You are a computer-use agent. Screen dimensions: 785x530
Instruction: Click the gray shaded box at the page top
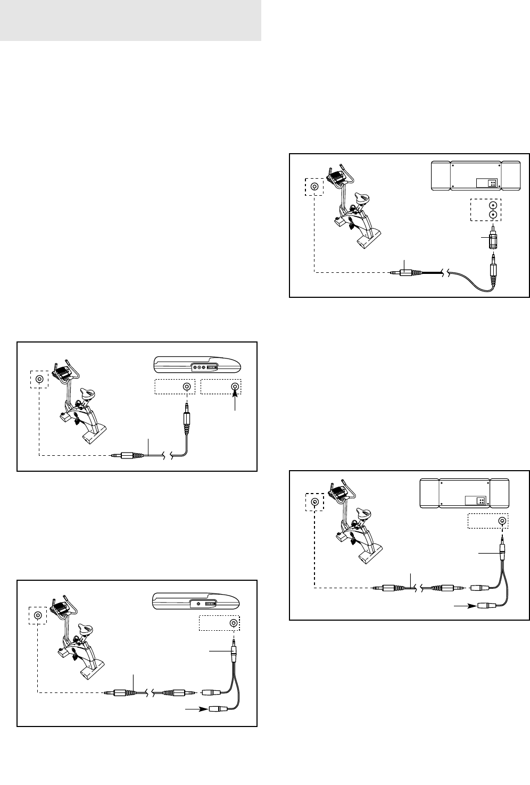(130, 20)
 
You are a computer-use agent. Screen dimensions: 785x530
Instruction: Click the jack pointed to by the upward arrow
(234, 387)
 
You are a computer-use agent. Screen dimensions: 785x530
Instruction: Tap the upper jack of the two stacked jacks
(493, 205)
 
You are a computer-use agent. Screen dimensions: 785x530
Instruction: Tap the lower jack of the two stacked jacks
(493, 214)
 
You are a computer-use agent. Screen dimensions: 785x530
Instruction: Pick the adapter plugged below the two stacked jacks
(493, 238)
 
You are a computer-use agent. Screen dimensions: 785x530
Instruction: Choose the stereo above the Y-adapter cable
(464, 493)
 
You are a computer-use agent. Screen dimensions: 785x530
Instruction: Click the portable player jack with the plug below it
(186, 387)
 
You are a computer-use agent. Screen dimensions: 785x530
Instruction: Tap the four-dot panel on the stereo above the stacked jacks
(493, 182)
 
